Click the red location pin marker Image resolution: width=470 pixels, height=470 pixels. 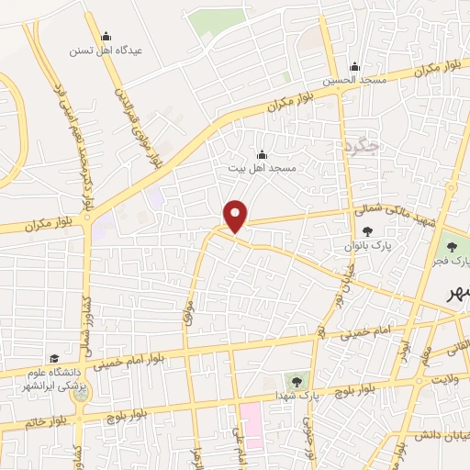tap(236, 217)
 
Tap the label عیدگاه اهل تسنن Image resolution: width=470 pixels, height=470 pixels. tap(106, 50)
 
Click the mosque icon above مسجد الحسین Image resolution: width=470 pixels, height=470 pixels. tap(355, 66)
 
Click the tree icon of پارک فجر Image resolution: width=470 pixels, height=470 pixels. tap(450, 245)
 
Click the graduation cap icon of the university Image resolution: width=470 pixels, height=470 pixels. tap(54, 358)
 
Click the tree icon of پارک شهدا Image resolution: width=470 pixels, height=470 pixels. tap(297, 380)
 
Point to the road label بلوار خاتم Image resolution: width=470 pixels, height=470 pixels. tap(25, 421)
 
